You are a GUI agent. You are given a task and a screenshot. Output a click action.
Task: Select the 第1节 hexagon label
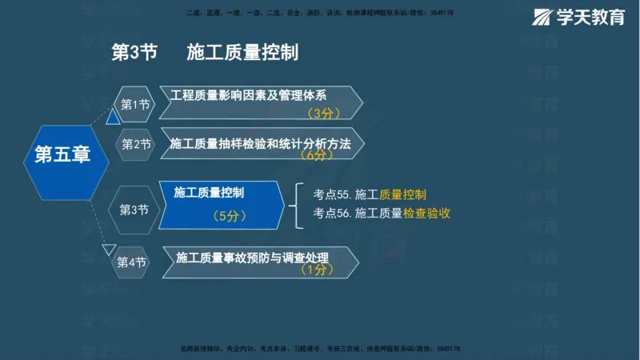[x=134, y=104]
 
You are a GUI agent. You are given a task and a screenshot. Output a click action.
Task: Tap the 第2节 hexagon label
[x=136, y=144]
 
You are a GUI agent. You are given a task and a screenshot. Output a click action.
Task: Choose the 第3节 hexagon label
[x=134, y=210]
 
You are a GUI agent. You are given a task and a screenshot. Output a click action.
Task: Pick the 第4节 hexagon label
[x=131, y=262]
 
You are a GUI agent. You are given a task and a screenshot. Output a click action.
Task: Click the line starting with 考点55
[x=370, y=194]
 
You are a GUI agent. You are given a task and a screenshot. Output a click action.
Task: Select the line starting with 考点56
[x=382, y=213]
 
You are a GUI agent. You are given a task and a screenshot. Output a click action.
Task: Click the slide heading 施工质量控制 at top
[x=242, y=53]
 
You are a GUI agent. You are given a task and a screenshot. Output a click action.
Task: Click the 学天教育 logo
[x=579, y=17]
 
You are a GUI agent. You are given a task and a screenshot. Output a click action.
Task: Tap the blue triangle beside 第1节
[x=114, y=118]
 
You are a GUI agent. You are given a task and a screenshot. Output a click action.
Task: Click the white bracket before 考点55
[x=298, y=203]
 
